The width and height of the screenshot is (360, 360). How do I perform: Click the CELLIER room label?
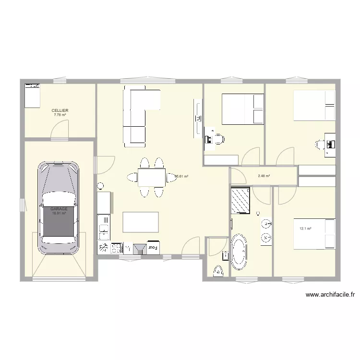pyautogui.click(x=60, y=110)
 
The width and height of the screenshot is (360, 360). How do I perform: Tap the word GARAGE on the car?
pyautogui.click(x=59, y=209)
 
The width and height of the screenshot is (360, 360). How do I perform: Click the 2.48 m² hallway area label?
pyautogui.click(x=264, y=176)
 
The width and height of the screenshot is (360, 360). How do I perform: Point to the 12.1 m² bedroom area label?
pyautogui.click(x=305, y=229)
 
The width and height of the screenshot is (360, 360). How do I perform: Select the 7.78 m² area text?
pyautogui.click(x=60, y=115)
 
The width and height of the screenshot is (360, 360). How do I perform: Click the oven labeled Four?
pyautogui.click(x=153, y=247)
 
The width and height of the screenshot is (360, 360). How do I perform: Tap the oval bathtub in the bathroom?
pyautogui.click(x=239, y=252)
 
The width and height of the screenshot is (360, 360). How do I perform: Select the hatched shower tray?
pyautogui.click(x=240, y=200)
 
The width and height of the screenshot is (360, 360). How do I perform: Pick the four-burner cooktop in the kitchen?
pyautogui.click(x=116, y=248)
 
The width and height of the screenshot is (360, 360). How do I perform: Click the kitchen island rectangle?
pyautogui.click(x=141, y=222)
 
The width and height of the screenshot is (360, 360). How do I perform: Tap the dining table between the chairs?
pyautogui.click(x=152, y=178)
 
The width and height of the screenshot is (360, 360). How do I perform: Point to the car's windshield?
pyautogui.click(x=59, y=198)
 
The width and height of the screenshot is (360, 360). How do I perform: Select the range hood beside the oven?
pyautogui.click(x=141, y=248)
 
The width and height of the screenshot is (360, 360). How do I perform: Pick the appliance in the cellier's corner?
pyautogui.click(x=32, y=96)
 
